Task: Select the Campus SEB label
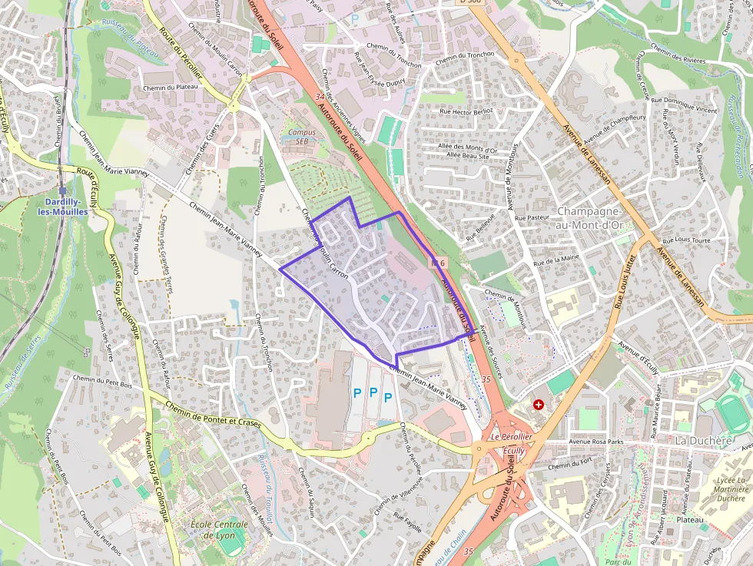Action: pyautogui.click(x=302, y=137)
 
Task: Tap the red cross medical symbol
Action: pyautogui.click(x=538, y=404)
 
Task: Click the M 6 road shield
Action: pyautogui.click(x=438, y=263)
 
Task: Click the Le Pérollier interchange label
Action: pyautogui.click(x=511, y=436)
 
